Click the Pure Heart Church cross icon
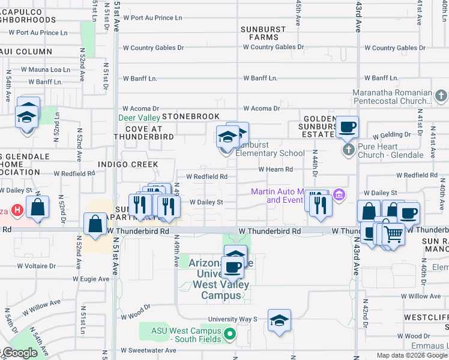pyautogui.click(x=349, y=149)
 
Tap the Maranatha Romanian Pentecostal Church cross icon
pyautogui.click(x=441, y=96)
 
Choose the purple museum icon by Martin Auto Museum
pyautogui.click(x=339, y=195)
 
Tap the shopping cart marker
pyautogui.click(x=393, y=234)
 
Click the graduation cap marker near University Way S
pyautogui.click(x=279, y=321)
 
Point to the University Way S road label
pyautogui.click(x=232, y=320)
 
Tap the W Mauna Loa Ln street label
pyautogui.click(x=46, y=70)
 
